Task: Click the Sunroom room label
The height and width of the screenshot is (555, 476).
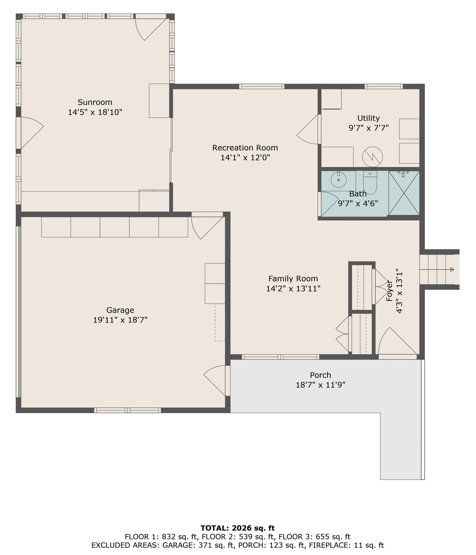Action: click(x=95, y=102)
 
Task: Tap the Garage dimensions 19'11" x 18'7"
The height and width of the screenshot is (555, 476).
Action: click(x=120, y=320)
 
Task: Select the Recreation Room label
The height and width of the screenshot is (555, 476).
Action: click(x=245, y=148)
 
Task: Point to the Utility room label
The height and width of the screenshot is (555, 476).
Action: click(x=368, y=118)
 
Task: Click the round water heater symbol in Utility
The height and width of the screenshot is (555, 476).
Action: click(x=372, y=157)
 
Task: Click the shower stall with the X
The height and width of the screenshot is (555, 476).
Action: click(x=404, y=193)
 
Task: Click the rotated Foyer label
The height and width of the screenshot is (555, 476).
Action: click(x=389, y=291)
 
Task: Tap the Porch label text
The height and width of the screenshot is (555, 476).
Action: click(x=320, y=375)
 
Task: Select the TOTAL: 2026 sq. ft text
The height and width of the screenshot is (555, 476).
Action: click(x=237, y=528)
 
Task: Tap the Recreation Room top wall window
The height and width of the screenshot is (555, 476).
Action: click(x=261, y=86)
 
